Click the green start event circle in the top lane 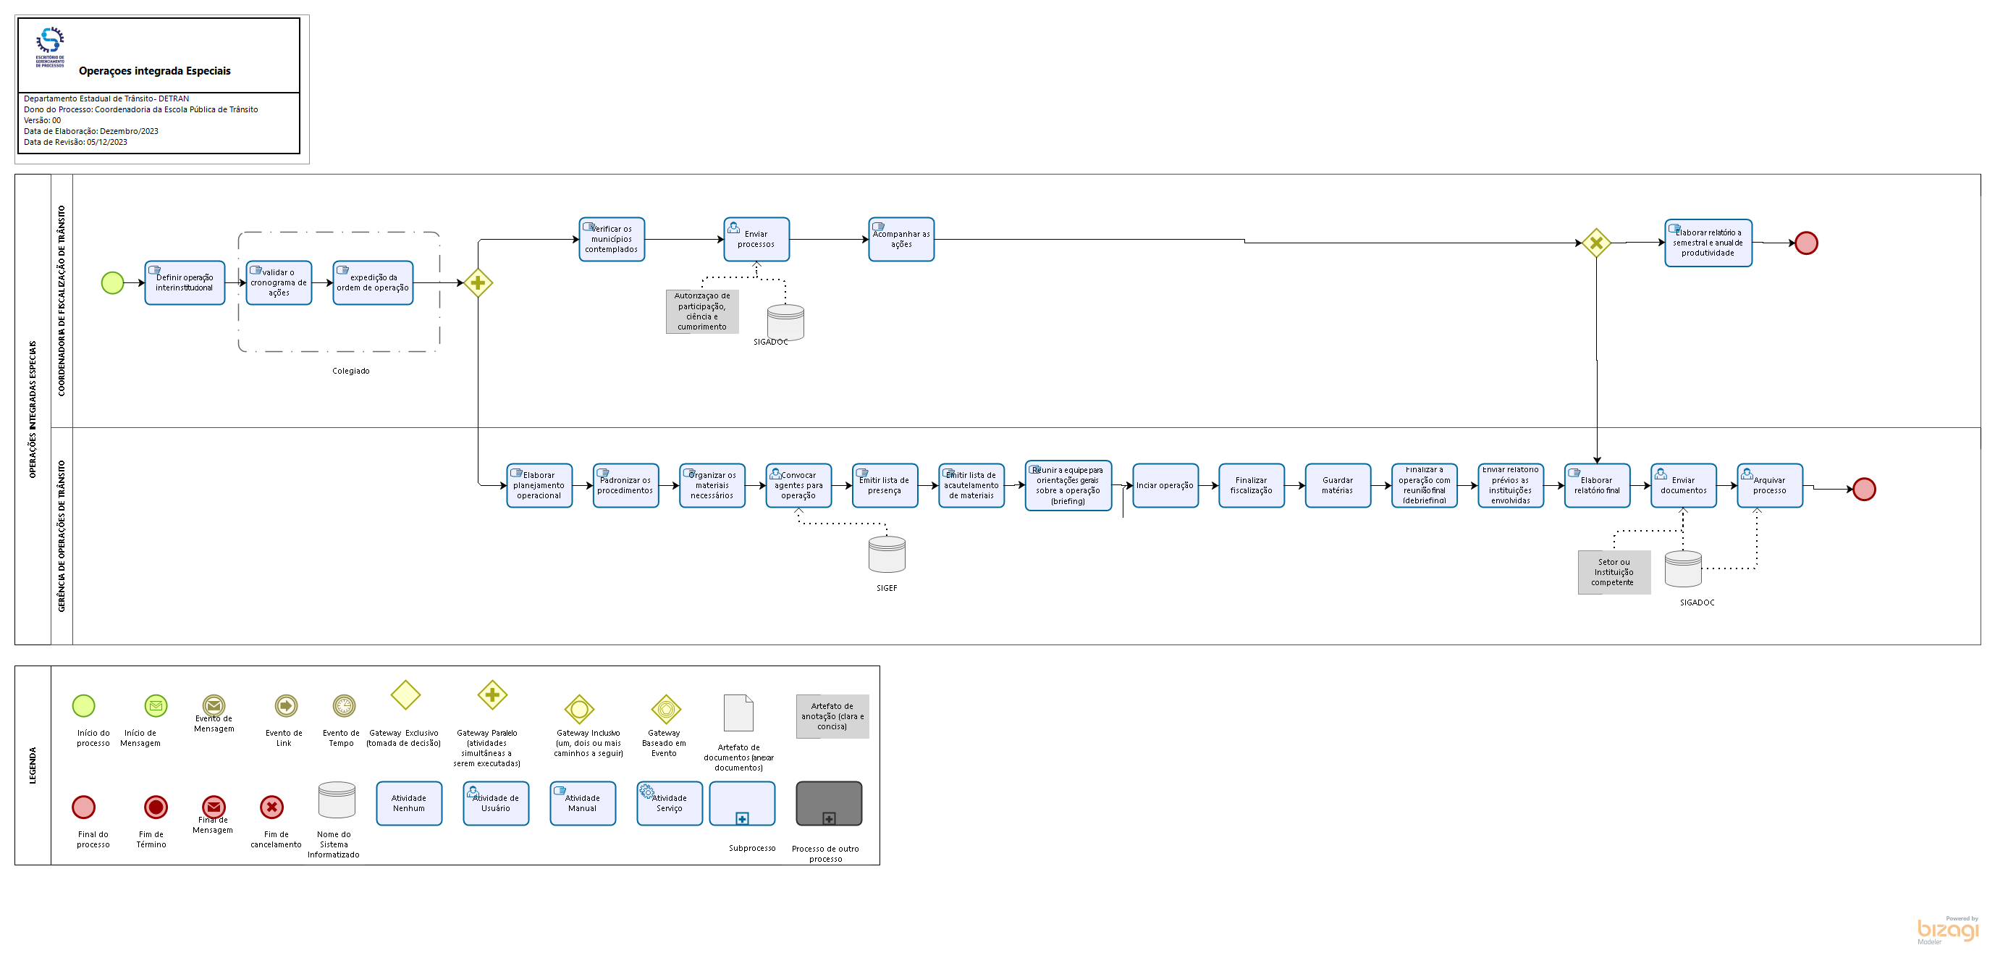(112, 283)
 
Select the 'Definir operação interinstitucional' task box (185, 283)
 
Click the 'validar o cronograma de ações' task (279, 283)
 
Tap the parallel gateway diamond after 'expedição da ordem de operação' (478, 283)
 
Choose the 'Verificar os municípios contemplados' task (611, 240)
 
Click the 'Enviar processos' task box (756, 240)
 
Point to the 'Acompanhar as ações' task (901, 240)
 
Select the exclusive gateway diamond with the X (1595, 243)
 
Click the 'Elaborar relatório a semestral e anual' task (1708, 243)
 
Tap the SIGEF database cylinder (887, 555)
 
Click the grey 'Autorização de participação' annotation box (701, 311)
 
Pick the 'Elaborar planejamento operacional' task (539, 486)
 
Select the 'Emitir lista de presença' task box (885, 486)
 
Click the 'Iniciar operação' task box (1165, 486)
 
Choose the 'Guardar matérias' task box (1338, 486)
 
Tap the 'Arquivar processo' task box (1770, 486)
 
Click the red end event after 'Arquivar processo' (1864, 490)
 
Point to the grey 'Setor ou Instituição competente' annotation (1614, 573)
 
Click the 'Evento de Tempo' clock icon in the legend (344, 706)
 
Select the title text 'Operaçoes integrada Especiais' (155, 71)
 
